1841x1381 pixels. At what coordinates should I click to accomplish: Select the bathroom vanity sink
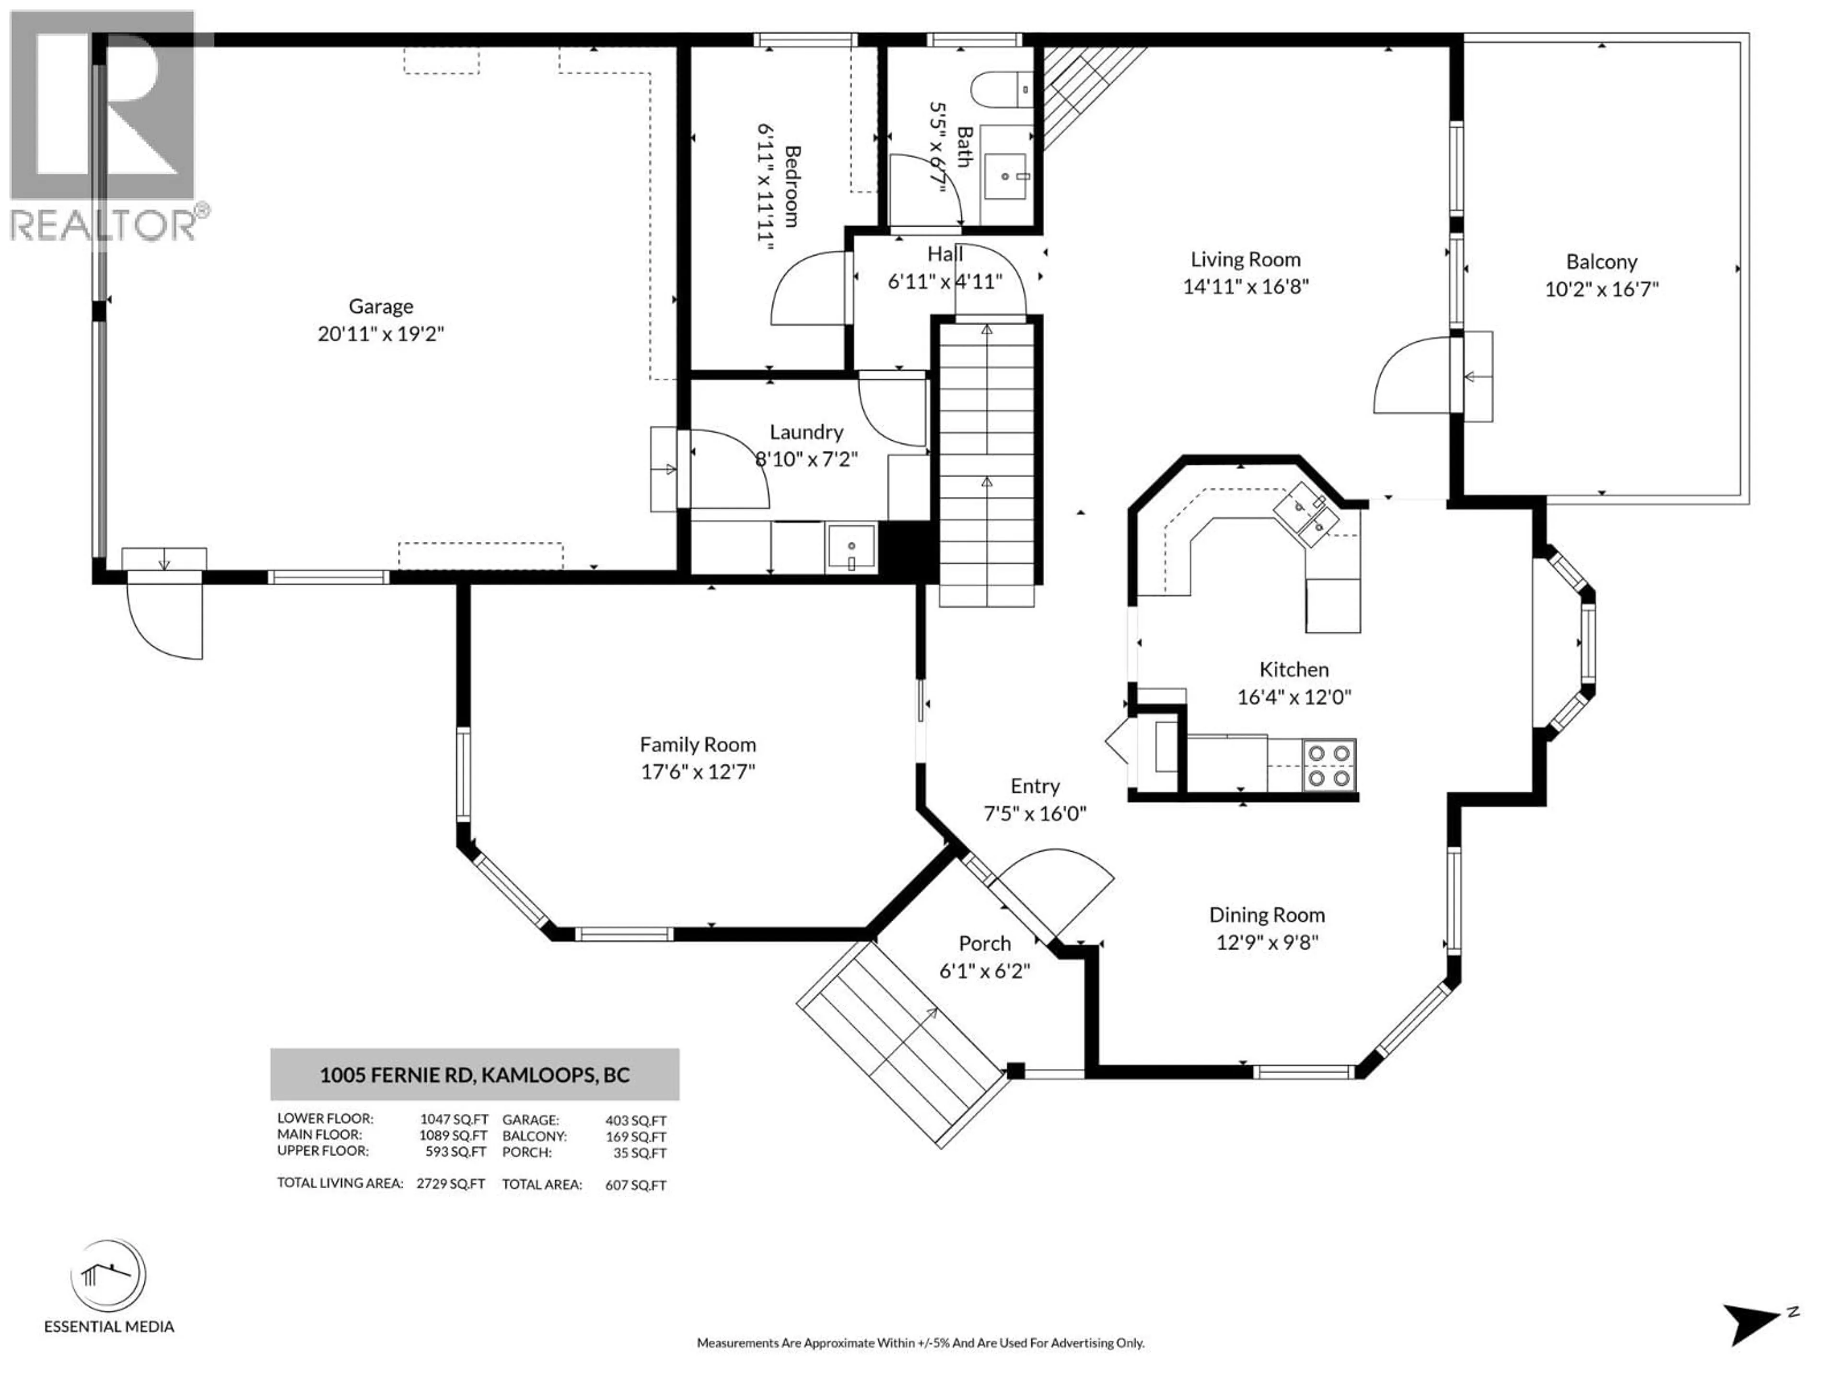[x=1007, y=175]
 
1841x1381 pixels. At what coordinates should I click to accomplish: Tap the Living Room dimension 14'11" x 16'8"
[x=1245, y=286]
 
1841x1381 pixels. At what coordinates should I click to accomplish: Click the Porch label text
[x=985, y=943]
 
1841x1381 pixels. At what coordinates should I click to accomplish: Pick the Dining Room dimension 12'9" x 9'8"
[x=1267, y=942]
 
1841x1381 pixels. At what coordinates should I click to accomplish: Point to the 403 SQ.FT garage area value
[x=635, y=1121]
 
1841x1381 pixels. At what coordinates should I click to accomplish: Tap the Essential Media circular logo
[x=108, y=1276]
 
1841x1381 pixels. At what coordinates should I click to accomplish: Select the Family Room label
[x=698, y=744]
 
